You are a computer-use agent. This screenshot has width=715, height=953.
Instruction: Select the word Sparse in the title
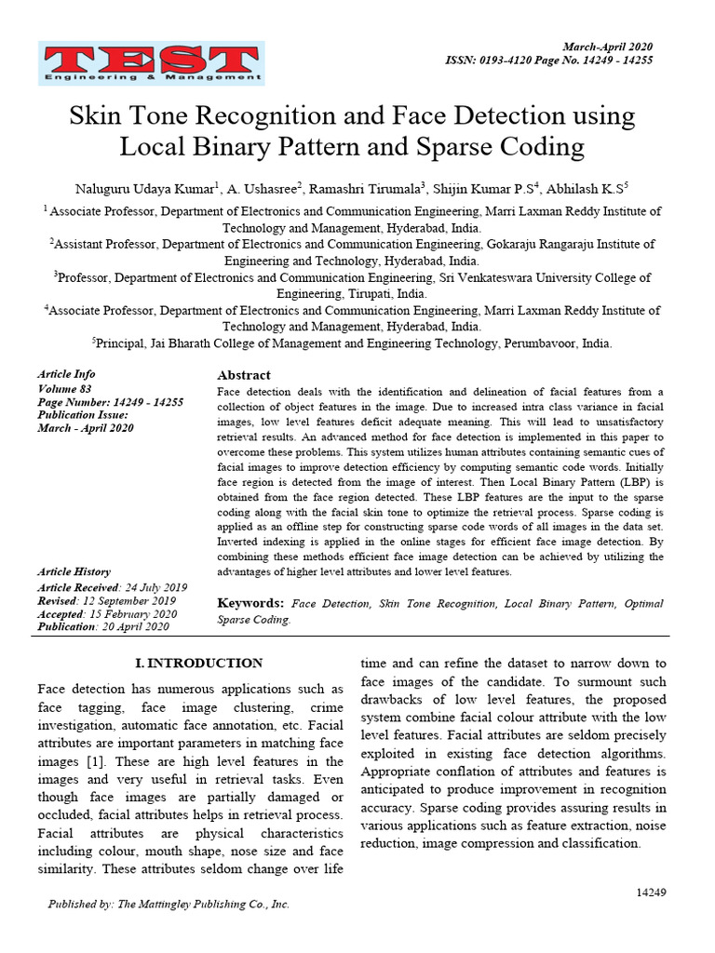click(x=454, y=147)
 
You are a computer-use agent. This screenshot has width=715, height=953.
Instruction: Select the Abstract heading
click(x=243, y=375)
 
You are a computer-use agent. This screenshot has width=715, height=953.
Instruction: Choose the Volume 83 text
click(x=64, y=388)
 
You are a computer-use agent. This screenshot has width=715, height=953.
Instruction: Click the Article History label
click(x=74, y=572)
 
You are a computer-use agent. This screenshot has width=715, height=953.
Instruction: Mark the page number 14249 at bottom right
click(x=651, y=893)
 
